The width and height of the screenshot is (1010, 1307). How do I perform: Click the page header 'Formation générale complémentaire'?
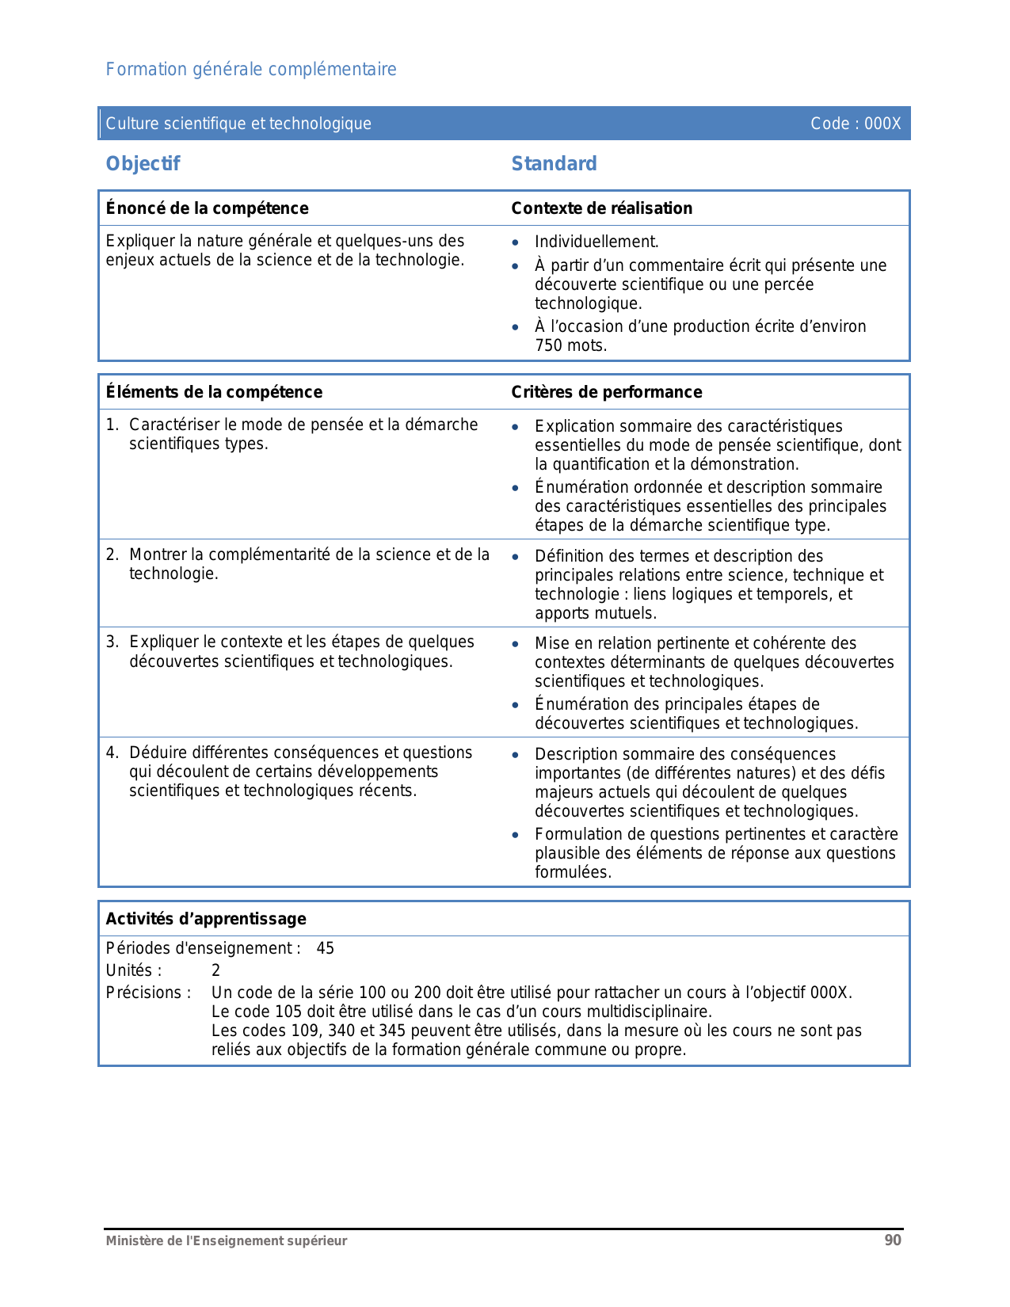[x=251, y=70]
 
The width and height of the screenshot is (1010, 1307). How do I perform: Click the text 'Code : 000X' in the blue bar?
[x=856, y=124]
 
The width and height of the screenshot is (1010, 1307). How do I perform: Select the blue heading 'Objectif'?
[x=143, y=164]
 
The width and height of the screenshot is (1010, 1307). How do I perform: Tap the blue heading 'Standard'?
[x=554, y=164]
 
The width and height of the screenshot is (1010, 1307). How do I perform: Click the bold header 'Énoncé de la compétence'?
[x=207, y=208]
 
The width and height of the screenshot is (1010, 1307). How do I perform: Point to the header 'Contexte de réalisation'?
[x=601, y=208]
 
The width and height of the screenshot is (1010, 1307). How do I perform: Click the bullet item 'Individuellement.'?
[x=596, y=242]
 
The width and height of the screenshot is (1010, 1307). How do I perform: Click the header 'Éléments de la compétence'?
[x=214, y=392]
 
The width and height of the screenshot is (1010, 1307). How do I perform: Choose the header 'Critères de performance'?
[x=606, y=392]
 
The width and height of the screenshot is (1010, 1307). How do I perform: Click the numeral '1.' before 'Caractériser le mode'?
[x=112, y=425]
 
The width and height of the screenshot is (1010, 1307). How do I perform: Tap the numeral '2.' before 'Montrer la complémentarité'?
[x=112, y=555]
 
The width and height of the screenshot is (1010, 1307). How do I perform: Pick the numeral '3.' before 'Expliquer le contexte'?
[x=112, y=642]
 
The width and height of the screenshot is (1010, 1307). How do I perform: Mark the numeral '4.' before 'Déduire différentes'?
[x=112, y=753]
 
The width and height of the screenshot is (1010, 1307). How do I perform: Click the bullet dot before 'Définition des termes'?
[x=516, y=557]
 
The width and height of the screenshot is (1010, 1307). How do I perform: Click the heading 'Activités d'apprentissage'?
[x=206, y=919]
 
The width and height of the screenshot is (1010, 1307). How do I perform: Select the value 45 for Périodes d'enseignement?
[x=326, y=949]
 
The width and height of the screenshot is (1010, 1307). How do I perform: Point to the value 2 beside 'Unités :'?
[x=216, y=971]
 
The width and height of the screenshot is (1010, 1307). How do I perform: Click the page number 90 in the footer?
[x=893, y=1240]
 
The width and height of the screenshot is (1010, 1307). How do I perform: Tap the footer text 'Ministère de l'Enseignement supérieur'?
[x=227, y=1241]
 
